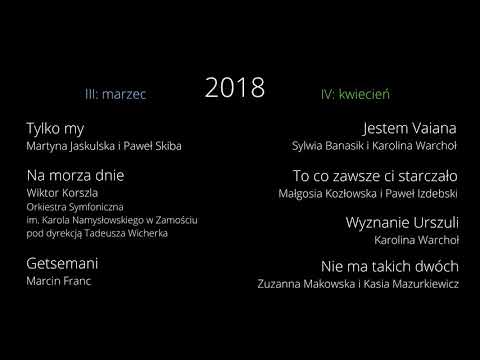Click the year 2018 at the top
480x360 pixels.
[235, 88]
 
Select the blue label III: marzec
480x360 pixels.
[116, 94]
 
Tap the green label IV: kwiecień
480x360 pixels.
[355, 94]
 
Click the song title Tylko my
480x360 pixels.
[55, 128]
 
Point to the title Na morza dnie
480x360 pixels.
[69, 175]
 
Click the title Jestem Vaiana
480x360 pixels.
[410, 128]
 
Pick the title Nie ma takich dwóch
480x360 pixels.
[390, 267]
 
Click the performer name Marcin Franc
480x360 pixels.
[58, 281]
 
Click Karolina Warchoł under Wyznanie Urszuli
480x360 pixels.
[416, 240]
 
